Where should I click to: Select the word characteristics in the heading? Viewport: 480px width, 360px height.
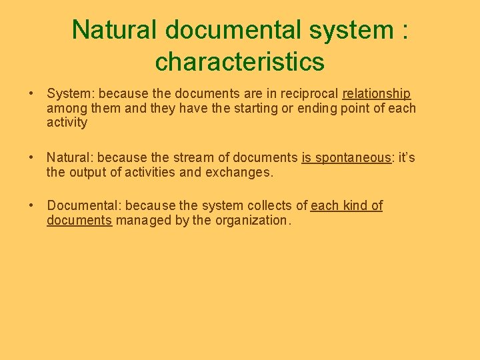(239, 62)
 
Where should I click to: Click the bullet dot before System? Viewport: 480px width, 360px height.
(31, 94)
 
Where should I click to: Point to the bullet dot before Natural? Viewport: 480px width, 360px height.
(31, 158)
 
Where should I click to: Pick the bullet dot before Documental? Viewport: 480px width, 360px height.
(31, 206)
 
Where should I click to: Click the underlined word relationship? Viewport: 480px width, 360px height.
(377, 94)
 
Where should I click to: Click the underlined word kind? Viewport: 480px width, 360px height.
(354, 206)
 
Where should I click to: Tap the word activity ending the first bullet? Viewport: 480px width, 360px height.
(67, 123)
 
